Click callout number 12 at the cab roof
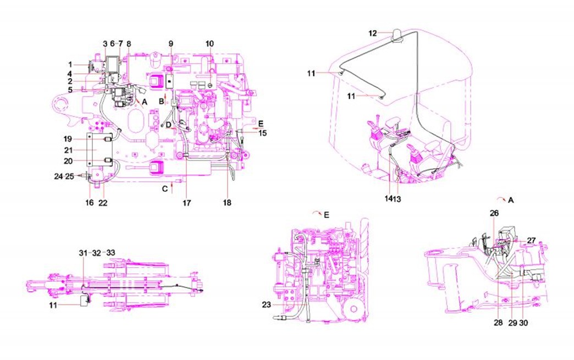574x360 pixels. [x=372, y=34]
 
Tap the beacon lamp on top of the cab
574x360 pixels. [x=397, y=36]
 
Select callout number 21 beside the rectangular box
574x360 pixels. [x=69, y=151]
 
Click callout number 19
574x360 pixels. [x=68, y=140]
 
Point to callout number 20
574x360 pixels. [x=69, y=162]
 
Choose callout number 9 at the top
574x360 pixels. [x=171, y=44]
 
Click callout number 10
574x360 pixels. [x=209, y=44]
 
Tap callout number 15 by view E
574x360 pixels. [x=262, y=133]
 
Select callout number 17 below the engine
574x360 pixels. [x=187, y=203]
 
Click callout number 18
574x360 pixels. [x=227, y=203]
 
